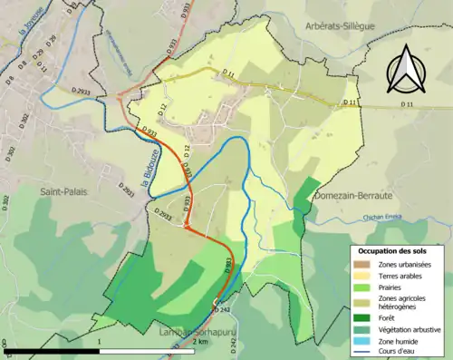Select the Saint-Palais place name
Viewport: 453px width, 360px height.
click(x=62, y=192)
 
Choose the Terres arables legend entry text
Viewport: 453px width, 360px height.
click(x=399, y=275)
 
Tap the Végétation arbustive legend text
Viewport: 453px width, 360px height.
click(x=411, y=328)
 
